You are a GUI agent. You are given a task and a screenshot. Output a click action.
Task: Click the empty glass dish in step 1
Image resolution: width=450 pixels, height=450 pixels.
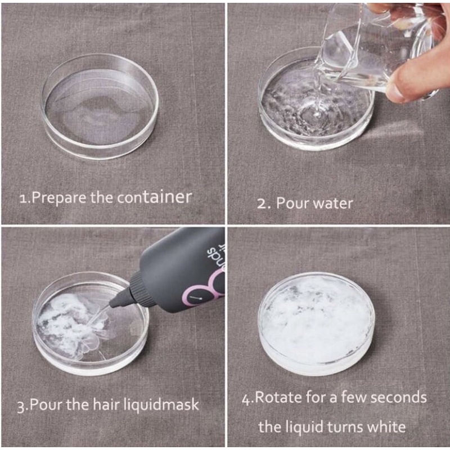coord(100,107)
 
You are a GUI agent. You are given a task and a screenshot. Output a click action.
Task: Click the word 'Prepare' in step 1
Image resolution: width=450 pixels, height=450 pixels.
coord(58,199)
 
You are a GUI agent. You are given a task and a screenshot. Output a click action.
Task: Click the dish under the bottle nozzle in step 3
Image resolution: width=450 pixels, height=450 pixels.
coord(91,324)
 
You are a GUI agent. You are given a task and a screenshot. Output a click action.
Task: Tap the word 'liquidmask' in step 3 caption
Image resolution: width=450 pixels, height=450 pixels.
coord(161,404)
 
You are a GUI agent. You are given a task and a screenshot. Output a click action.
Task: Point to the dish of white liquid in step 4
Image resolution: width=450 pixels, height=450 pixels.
coord(317,324)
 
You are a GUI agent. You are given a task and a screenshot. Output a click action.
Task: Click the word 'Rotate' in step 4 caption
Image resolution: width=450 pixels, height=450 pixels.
coord(278,398)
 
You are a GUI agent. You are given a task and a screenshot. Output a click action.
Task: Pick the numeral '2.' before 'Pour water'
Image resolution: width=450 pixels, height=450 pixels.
coord(264,204)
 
